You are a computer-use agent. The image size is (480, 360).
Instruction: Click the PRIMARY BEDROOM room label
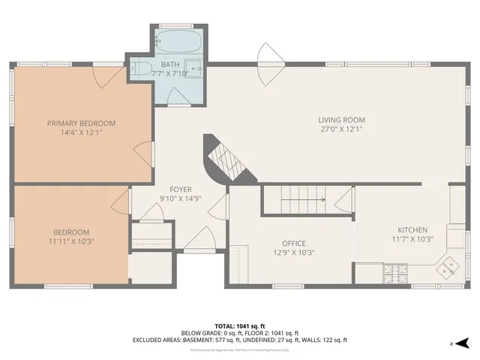[81, 123]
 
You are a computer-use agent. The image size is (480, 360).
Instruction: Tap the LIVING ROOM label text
[341, 119]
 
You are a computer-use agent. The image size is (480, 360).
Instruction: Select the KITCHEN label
[412, 230]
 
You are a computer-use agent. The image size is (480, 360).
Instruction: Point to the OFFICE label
[293, 243]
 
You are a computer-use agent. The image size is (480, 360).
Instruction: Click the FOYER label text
[180, 189]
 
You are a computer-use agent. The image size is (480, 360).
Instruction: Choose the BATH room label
[169, 64]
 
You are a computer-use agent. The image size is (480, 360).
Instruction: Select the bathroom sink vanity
[193, 68]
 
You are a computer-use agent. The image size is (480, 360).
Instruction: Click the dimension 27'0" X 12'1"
[341, 128]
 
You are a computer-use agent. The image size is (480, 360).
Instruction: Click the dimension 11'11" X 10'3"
[72, 241]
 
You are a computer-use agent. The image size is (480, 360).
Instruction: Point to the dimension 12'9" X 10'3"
[293, 252]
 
